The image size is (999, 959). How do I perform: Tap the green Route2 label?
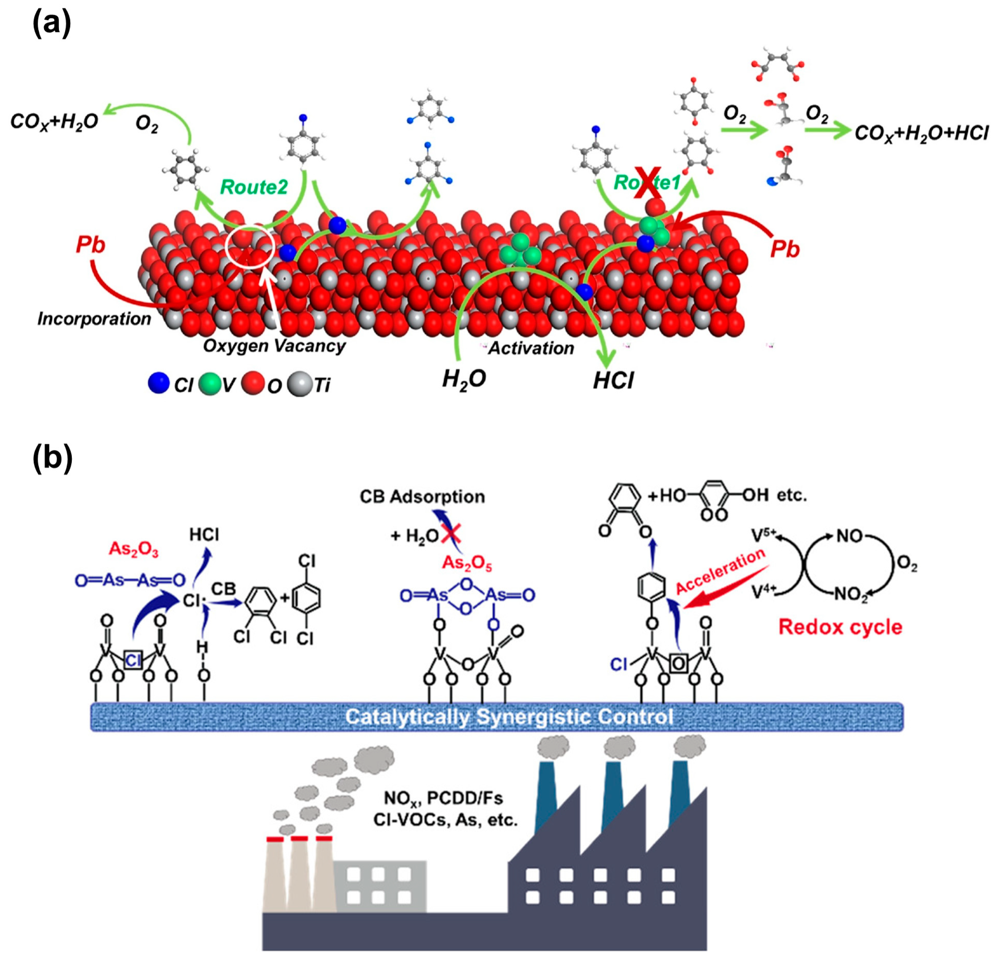[254, 187]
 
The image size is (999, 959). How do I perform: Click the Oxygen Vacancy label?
[274, 346]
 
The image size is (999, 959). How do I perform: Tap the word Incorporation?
[94, 319]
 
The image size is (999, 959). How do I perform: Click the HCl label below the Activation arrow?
[613, 380]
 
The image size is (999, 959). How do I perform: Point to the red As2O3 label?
[134, 550]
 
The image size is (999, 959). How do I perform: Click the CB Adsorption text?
[422, 497]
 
